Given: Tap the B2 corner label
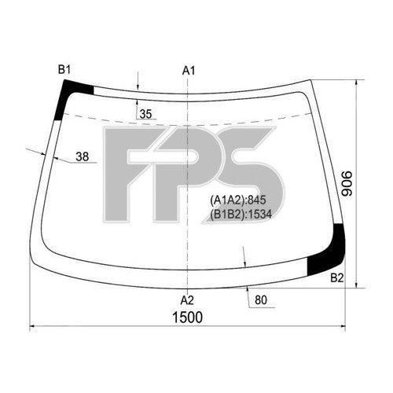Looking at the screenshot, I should coord(336,277).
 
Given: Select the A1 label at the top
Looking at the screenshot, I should coord(189,71).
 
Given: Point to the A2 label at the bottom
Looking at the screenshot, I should coord(187,299).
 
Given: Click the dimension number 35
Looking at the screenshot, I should coord(145,114).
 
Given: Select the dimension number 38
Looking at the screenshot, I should coord(83,156).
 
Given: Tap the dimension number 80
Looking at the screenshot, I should coord(260,299).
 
